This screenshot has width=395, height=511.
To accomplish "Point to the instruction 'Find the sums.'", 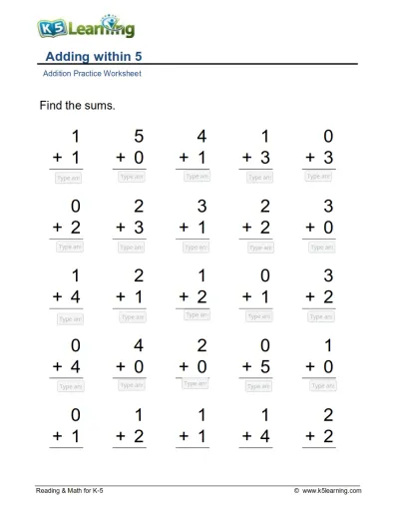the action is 77,105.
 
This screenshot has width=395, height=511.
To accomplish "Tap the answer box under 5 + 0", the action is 133,177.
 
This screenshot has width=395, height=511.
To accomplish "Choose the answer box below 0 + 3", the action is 320,177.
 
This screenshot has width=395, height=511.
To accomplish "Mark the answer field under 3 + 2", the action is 320,316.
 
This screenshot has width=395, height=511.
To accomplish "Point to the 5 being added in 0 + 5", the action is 265,365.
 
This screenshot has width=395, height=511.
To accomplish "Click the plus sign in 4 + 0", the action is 121,366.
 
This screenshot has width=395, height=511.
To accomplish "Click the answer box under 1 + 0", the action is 320,385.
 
